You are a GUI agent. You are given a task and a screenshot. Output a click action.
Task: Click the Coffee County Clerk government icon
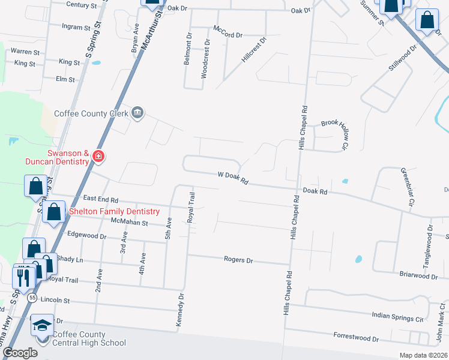point(138,113)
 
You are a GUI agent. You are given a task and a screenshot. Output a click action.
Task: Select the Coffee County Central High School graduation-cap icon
point(42,326)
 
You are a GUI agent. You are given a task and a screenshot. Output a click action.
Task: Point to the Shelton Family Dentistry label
point(115,212)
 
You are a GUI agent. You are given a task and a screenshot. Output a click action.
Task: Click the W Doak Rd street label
point(232,175)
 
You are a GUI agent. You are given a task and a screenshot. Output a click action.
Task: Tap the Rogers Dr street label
point(239,260)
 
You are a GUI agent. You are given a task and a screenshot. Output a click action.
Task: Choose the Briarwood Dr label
point(418,277)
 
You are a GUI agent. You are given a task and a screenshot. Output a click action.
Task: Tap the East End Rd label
point(101,199)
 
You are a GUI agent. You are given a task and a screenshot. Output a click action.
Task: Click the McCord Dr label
point(228,35)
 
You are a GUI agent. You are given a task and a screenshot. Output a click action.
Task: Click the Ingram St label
point(76,26)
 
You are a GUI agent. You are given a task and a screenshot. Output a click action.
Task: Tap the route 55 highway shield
point(32,297)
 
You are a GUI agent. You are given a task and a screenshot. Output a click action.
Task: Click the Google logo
point(20,353)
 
